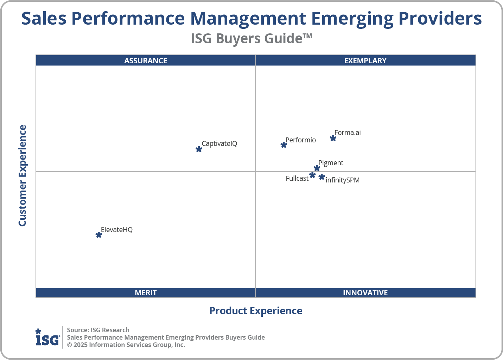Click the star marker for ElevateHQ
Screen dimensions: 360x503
pos(99,235)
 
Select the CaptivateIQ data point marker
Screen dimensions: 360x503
pos(199,149)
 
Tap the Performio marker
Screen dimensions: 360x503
pos(284,145)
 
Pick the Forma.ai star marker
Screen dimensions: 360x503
pos(333,138)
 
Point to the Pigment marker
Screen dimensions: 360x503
pos(317,168)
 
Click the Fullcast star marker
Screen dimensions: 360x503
pos(312,175)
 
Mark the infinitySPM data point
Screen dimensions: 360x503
pos(321,177)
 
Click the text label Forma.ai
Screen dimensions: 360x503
pos(348,133)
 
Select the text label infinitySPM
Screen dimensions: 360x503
pos(343,180)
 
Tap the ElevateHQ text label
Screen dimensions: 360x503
pos(117,230)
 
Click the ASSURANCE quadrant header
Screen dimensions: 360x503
pos(146,60)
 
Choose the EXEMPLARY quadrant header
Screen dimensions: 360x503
pos(365,60)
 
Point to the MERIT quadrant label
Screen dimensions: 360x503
pos(146,292)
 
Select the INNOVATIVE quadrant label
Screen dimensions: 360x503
pos(365,292)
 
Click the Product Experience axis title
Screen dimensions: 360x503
pos(256,311)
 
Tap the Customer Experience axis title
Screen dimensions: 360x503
pos(23,175)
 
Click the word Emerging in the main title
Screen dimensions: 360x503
pos(352,19)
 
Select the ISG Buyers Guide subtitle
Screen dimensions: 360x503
pos(251,38)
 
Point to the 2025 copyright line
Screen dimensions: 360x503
pos(126,345)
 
